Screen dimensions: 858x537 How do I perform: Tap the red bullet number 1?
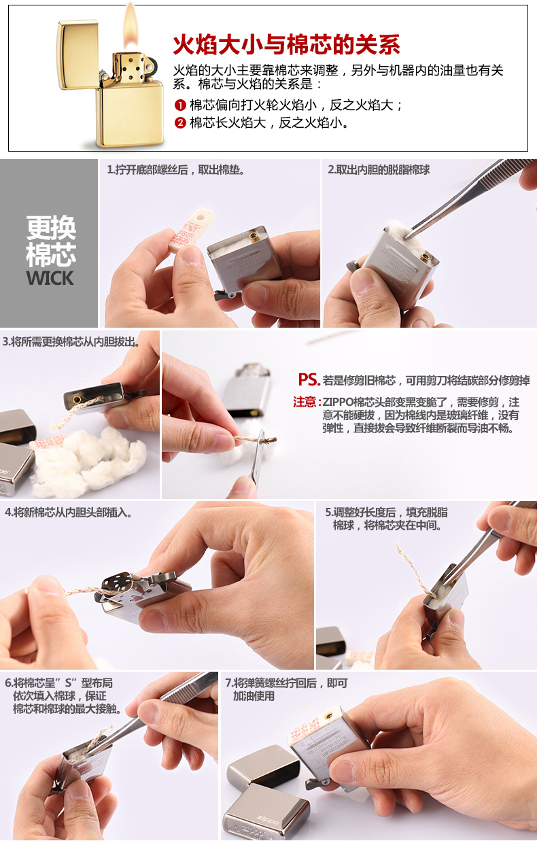pyautogui.click(x=180, y=105)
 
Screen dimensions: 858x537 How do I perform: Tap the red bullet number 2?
pyautogui.click(x=180, y=123)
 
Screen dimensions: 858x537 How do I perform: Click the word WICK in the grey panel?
pyautogui.click(x=50, y=278)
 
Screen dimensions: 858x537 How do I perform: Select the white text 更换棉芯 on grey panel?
pyautogui.click(x=50, y=241)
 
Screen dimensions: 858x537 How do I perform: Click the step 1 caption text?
pyautogui.click(x=176, y=169)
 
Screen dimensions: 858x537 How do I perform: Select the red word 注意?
pyautogui.click(x=305, y=402)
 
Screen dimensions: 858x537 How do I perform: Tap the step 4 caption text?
pyautogui.click(x=69, y=512)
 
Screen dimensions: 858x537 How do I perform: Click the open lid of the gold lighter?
pyautogui.click(x=77, y=54)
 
